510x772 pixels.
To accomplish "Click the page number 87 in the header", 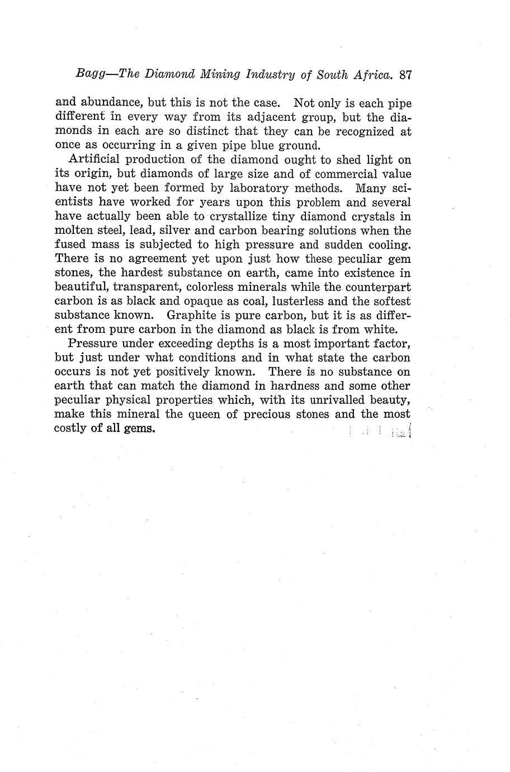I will (405, 74).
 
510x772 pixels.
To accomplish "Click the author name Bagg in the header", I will (91, 74).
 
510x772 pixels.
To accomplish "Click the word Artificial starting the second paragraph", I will (95, 160).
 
